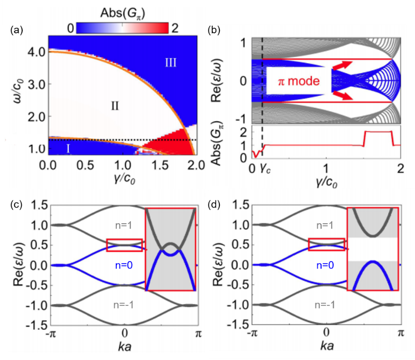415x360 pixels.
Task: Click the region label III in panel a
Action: tap(170, 62)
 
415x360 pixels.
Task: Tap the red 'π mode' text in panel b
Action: tap(299, 81)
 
